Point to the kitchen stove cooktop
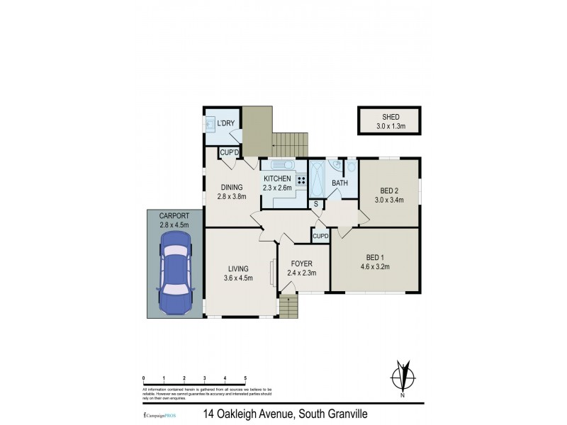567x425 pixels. tap(301, 180)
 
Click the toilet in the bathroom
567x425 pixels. tap(350, 168)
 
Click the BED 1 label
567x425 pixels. tap(375, 256)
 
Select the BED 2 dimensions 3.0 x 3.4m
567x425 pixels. tap(389, 200)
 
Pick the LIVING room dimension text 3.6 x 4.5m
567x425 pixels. tap(238, 277)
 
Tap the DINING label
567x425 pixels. tap(231, 188)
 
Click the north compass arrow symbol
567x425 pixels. tap(405, 375)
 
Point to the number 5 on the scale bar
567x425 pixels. tap(245, 378)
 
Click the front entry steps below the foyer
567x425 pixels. tap(289, 306)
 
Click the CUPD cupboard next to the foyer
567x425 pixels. tap(320, 236)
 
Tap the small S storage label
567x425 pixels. tap(316, 204)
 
